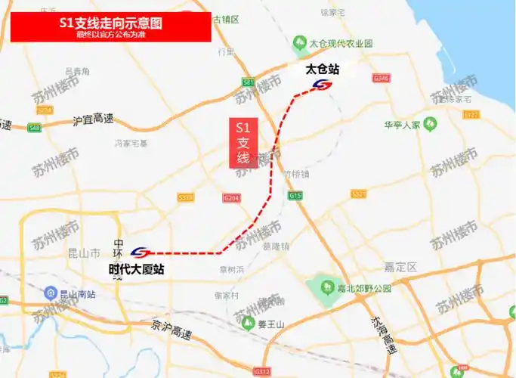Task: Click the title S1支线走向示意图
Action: pos(110,23)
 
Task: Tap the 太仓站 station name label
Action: pos(322,70)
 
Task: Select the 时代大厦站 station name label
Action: pos(136,268)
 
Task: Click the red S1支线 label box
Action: pos(243,143)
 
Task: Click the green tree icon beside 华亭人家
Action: pos(430,123)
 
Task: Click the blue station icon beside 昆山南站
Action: pos(49,293)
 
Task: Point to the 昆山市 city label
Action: pos(84,253)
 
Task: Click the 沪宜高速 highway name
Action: pos(93,119)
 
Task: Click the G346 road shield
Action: pos(381,78)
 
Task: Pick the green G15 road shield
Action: pos(295,197)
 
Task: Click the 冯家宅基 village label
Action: pos(131,143)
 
